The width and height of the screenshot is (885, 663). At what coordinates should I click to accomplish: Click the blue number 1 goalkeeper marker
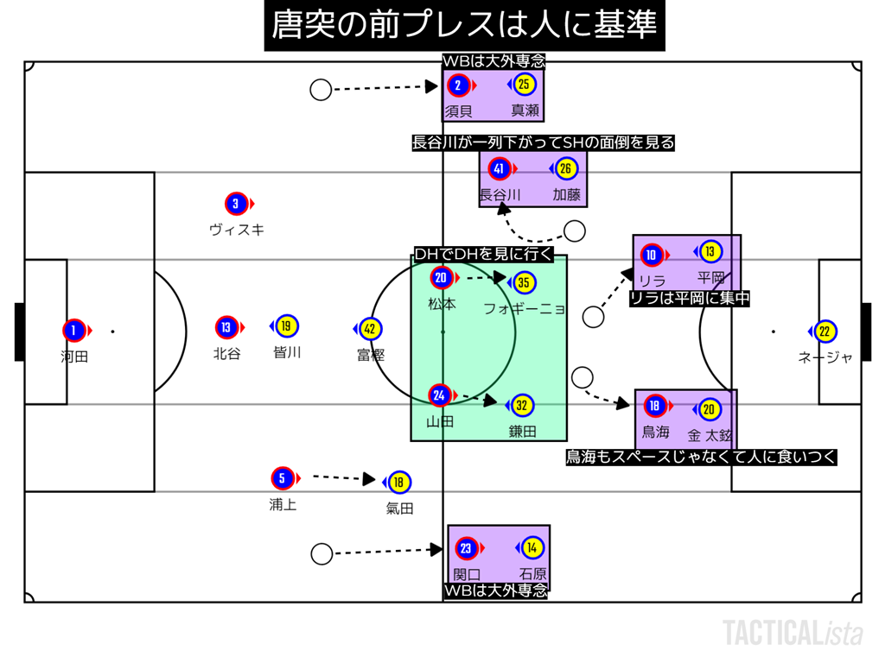pyautogui.click(x=74, y=330)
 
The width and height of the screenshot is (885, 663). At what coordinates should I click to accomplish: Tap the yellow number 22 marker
pyautogui.click(x=825, y=331)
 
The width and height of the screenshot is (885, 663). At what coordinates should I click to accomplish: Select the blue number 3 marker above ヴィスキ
pyautogui.click(x=236, y=205)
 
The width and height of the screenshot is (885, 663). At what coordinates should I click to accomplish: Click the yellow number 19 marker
pyautogui.click(x=287, y=326)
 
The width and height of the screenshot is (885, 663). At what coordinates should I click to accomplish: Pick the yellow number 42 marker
pyautogui.click(x=370, y=329)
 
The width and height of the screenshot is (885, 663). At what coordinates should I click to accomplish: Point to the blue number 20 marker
pyautogui.click(x=441, y=278)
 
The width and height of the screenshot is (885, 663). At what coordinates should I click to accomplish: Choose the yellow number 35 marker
pyautogui.click(x=523, y=282)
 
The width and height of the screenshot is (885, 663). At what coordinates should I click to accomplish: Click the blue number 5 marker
pyautogui.click(x=282, y=477)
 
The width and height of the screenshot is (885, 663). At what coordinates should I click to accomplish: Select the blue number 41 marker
pyautogui.click(x=499, y=169)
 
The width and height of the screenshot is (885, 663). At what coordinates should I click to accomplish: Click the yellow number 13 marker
pyautogui.click(x=710, y=252)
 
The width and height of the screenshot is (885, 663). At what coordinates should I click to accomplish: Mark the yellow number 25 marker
pyautogui.click(x=524, y=85)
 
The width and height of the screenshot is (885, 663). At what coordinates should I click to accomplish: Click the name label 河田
pyautogui.click(x=74, y=356)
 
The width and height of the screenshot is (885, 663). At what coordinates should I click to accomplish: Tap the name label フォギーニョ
pyautogui.click(x=524, y=307)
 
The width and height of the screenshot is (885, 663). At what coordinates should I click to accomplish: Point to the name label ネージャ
pyautogui.click(x=825, y=357)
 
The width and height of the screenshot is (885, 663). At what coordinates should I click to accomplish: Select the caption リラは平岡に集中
pyautogui.click(x=689, y=299)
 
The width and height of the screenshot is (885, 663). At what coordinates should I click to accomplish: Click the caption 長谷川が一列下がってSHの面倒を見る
pyautogui.click(x=543, y=142)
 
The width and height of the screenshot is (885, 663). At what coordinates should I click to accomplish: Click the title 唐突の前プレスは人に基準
pyautogui.click(x=465, y=25)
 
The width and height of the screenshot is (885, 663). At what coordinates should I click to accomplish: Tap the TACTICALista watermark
pyautogui.click(x=793, y=633)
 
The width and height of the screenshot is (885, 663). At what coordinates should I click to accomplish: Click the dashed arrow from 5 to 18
pyautogui.click(x=342, y=477)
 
